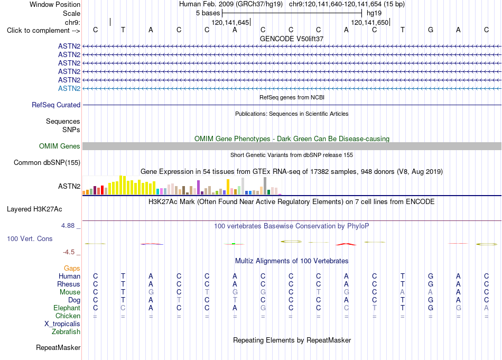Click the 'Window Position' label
(55, 4)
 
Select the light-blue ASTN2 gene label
(69, 88)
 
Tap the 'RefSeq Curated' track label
(56, 105)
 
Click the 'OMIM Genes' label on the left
(60, 146)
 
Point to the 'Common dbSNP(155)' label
(47, 163)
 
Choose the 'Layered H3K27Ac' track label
(34, 209)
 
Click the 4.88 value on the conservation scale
(68, 226)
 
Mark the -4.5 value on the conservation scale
(69, 252)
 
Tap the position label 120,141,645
(230, 22)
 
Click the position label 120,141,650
(370, 22)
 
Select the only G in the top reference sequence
(431, 30)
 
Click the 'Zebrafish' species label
(66, 332)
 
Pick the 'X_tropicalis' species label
(62, 324)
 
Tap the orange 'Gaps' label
(72, 268)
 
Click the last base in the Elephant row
(486, 308)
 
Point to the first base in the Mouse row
(96, 292)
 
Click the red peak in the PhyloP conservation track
(346, 244)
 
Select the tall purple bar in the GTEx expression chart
(199, 187)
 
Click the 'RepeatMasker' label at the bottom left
(58, 347)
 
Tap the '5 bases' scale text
(208, 13)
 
